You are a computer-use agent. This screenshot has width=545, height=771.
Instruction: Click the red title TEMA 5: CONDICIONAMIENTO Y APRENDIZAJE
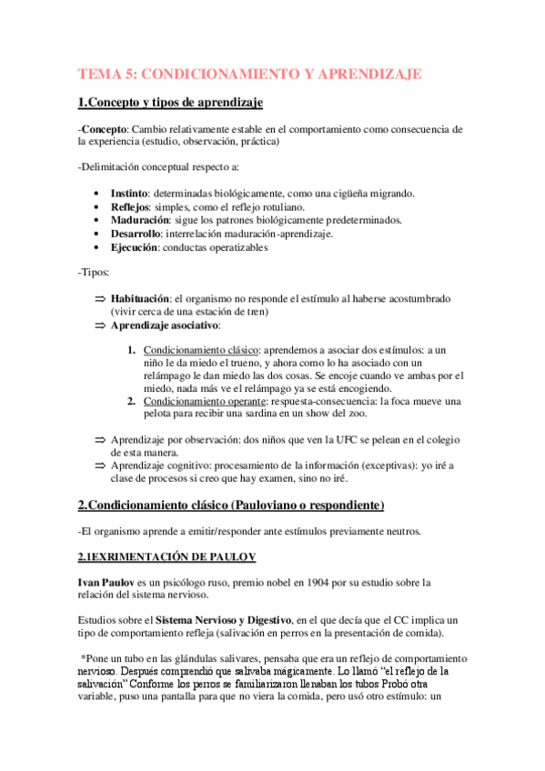click(249, 74)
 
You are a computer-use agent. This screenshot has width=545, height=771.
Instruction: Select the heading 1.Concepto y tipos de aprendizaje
click(170, 102)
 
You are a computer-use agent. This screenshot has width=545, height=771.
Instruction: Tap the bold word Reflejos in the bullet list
click(130, 207)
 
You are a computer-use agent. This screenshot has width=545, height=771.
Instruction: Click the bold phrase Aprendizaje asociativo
click(165, 325)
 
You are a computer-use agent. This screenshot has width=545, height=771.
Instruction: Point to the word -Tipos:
click(95, 273)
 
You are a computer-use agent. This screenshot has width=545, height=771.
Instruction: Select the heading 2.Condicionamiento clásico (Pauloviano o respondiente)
click(231, 505)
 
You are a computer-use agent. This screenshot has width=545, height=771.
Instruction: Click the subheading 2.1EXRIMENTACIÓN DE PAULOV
click(167, 555)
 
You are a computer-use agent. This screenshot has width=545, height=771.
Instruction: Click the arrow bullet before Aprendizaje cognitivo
click(100, 466)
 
